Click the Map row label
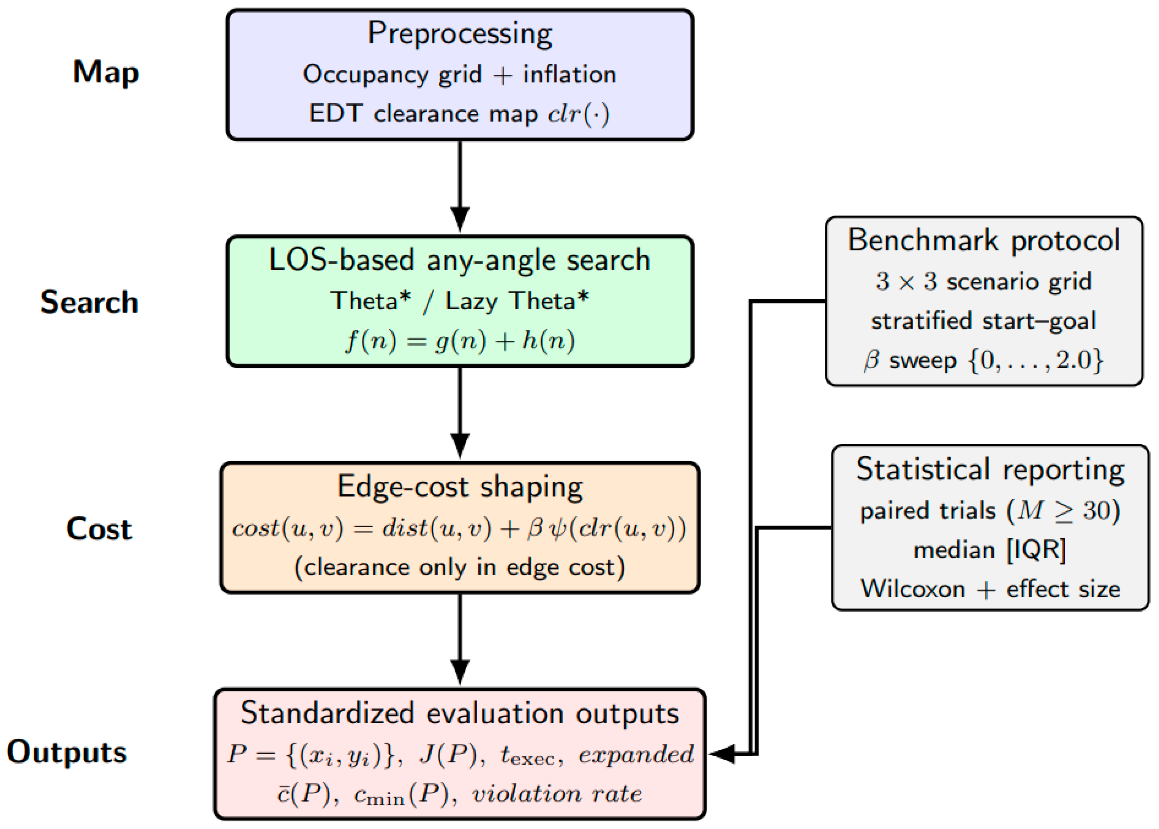[x=106, y=72]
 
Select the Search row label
[x=89, y=302]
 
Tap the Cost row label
[x=99, y=529]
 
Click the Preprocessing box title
[x=460, y=34]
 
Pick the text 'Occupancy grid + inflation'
[x=460, y=75]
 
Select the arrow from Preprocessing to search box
[x=460, y=186]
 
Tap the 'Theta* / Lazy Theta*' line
[x=460, y=301]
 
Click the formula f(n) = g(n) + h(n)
[x=460, y=340]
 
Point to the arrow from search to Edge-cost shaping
[x=460, y=413]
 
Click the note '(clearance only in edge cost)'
[x=460, y=567]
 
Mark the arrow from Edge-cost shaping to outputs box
[x=460, y=639]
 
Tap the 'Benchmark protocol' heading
[x=983, y=240]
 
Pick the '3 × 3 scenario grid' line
[x=983, y=281]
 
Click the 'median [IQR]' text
[x=990, y=550]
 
